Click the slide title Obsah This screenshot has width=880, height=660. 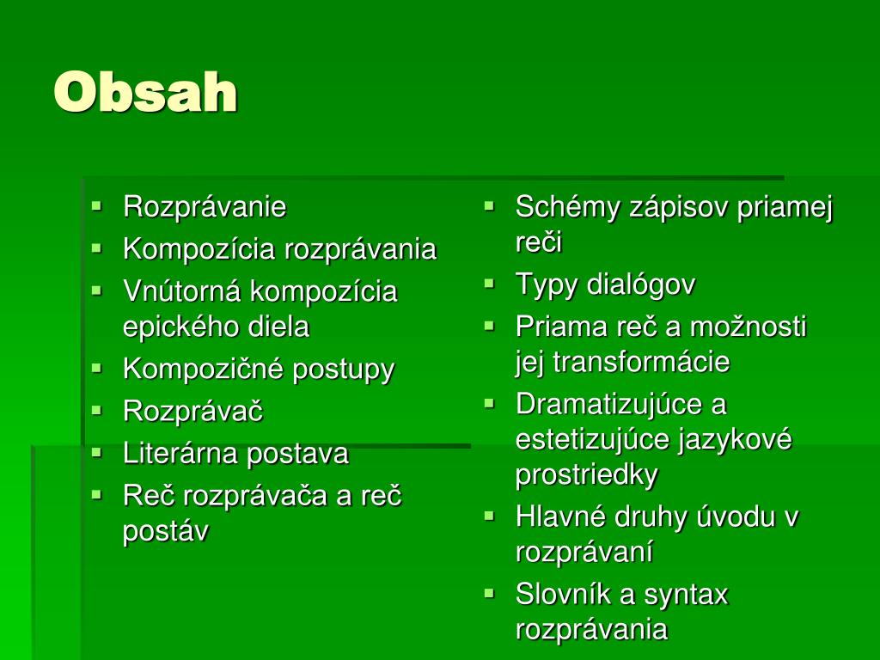(145, 92)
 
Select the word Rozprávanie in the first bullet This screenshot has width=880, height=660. (205, 207)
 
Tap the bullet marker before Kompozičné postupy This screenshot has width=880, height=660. (97, 368)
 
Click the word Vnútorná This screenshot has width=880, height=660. (183, 291)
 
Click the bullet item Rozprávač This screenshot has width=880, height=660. (192, 411)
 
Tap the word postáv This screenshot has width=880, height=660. (166, 531)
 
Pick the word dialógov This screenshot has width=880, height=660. (641, 284)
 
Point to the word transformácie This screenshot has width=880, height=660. (641, 362)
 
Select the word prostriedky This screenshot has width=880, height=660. (587, 474)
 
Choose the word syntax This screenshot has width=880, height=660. (686, 594)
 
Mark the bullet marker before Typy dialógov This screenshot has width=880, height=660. (489, 282)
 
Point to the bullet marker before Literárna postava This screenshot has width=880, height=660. (97, 451)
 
